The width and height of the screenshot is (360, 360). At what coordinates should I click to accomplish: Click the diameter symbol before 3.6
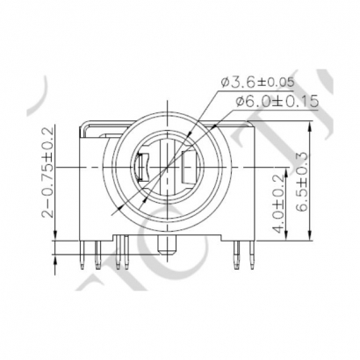pos(227,83)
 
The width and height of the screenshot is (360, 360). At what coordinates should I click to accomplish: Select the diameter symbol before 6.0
pos(239,103)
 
